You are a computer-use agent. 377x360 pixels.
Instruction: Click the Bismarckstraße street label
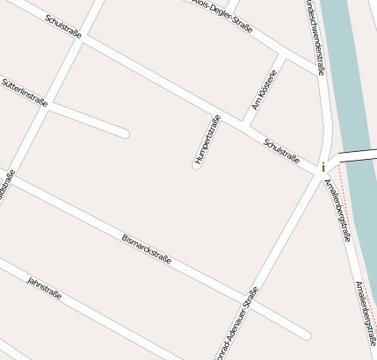click(146, 248)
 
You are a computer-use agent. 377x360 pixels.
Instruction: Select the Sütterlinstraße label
click(24, 92)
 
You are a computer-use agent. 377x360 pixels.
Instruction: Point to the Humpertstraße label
click(206, 140)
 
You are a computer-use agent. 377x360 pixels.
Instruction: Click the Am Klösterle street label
click(264, 90)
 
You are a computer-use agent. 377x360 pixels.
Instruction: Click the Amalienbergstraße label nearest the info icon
click(337, 209)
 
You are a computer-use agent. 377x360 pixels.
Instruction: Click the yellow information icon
click(323, 166)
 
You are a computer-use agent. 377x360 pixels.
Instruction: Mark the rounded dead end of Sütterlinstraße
click(125, 133)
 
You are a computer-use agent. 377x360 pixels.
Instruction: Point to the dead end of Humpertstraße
click(197, 164)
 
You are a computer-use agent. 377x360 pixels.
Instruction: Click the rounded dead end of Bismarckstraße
click(305, 335)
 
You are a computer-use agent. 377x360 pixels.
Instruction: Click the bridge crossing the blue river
click(356, 155)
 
